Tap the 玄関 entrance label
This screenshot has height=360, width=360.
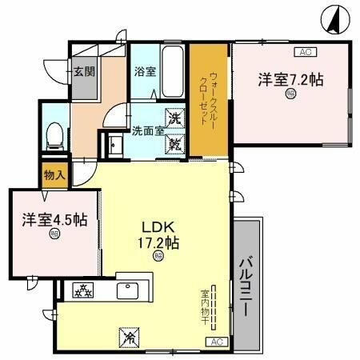85,70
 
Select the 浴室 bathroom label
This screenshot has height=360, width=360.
145,71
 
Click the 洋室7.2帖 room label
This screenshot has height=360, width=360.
290,80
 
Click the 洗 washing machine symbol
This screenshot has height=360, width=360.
175,118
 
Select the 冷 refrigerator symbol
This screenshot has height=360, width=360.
127,338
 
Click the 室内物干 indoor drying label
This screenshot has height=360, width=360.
204,308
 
